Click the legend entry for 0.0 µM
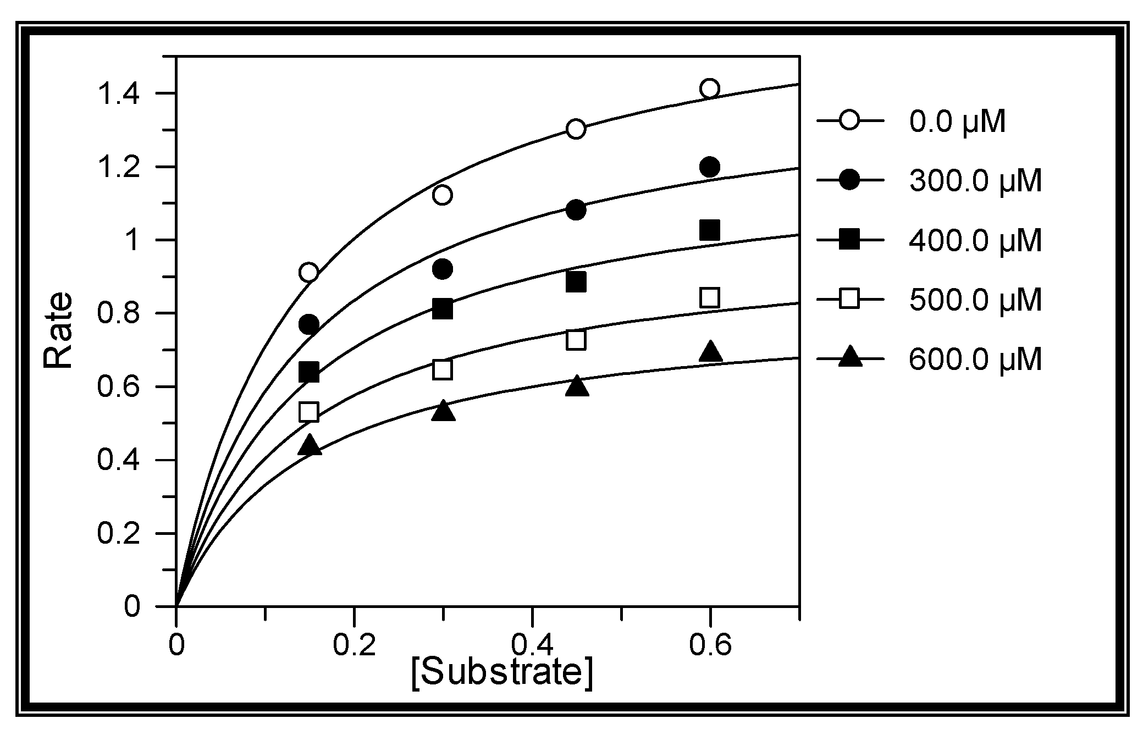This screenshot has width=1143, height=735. click(x=957, y=121)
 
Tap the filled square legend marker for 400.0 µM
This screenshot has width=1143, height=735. click(x=850, y=240)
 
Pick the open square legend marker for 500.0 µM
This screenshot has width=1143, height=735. click(x=850, y=300)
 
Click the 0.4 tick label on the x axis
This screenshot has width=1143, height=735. click(x=532, y=645)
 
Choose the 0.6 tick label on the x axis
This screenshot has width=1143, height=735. click(x=710, y=645)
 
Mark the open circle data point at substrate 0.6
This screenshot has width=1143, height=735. click(x=710, y=89)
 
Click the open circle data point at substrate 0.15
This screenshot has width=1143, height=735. click(x=309, y=272)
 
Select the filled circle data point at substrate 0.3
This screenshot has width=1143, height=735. click(x=443, y=269)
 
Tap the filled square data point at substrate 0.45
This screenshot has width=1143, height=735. click(x=576, y=283)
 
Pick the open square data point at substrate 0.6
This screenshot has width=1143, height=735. click(x=710, y=298)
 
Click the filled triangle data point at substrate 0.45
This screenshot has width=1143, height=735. click(x=576, y=387)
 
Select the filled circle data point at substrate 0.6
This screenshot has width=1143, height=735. click(x=710, y=167)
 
